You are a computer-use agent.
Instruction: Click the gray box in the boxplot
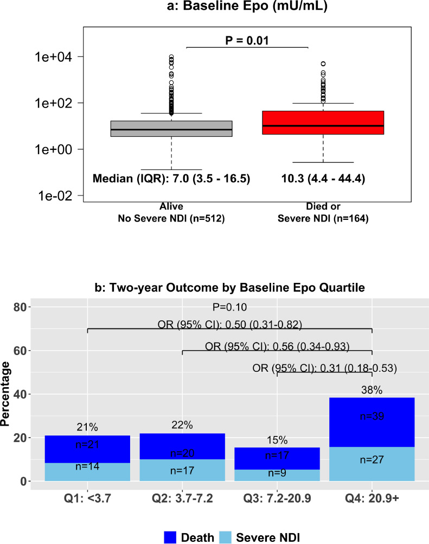(171, 129)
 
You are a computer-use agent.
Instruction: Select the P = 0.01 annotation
(247, 39)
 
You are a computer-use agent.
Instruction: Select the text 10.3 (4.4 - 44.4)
(323, 178)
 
